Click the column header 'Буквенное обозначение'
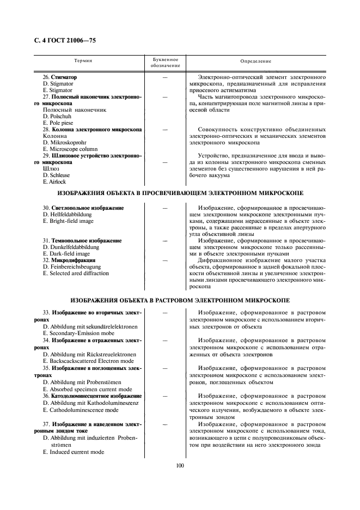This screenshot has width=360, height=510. [164, 62]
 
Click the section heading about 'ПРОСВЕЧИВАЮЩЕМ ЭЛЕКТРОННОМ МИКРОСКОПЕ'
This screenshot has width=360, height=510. [180, 193]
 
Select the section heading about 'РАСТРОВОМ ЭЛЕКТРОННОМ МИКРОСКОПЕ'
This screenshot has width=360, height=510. [180, 300]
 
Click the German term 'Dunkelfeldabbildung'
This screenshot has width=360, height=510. [70, 247]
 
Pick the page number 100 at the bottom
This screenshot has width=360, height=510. [180, 465]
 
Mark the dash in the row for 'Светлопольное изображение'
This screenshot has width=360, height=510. [164, 208]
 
